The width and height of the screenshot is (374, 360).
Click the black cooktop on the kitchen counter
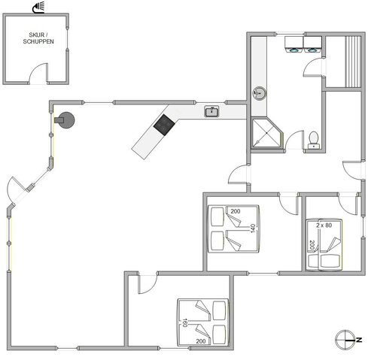pyautogui.click(x=163, y=125)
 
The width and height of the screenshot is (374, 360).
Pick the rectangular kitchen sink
pyautogui.click(x=211, y=112)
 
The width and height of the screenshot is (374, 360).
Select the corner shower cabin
pyautogui.click(x=265, y=132)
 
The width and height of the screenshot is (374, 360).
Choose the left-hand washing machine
pyautogui.click(x=292, y=51)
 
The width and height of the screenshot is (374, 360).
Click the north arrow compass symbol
pyautogui.click(x=345, y=338)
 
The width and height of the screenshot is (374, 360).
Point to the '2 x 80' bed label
pyautogui.click(x=324, y=224)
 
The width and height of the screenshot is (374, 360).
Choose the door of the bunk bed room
pyautogui.click(x=287, y=201)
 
